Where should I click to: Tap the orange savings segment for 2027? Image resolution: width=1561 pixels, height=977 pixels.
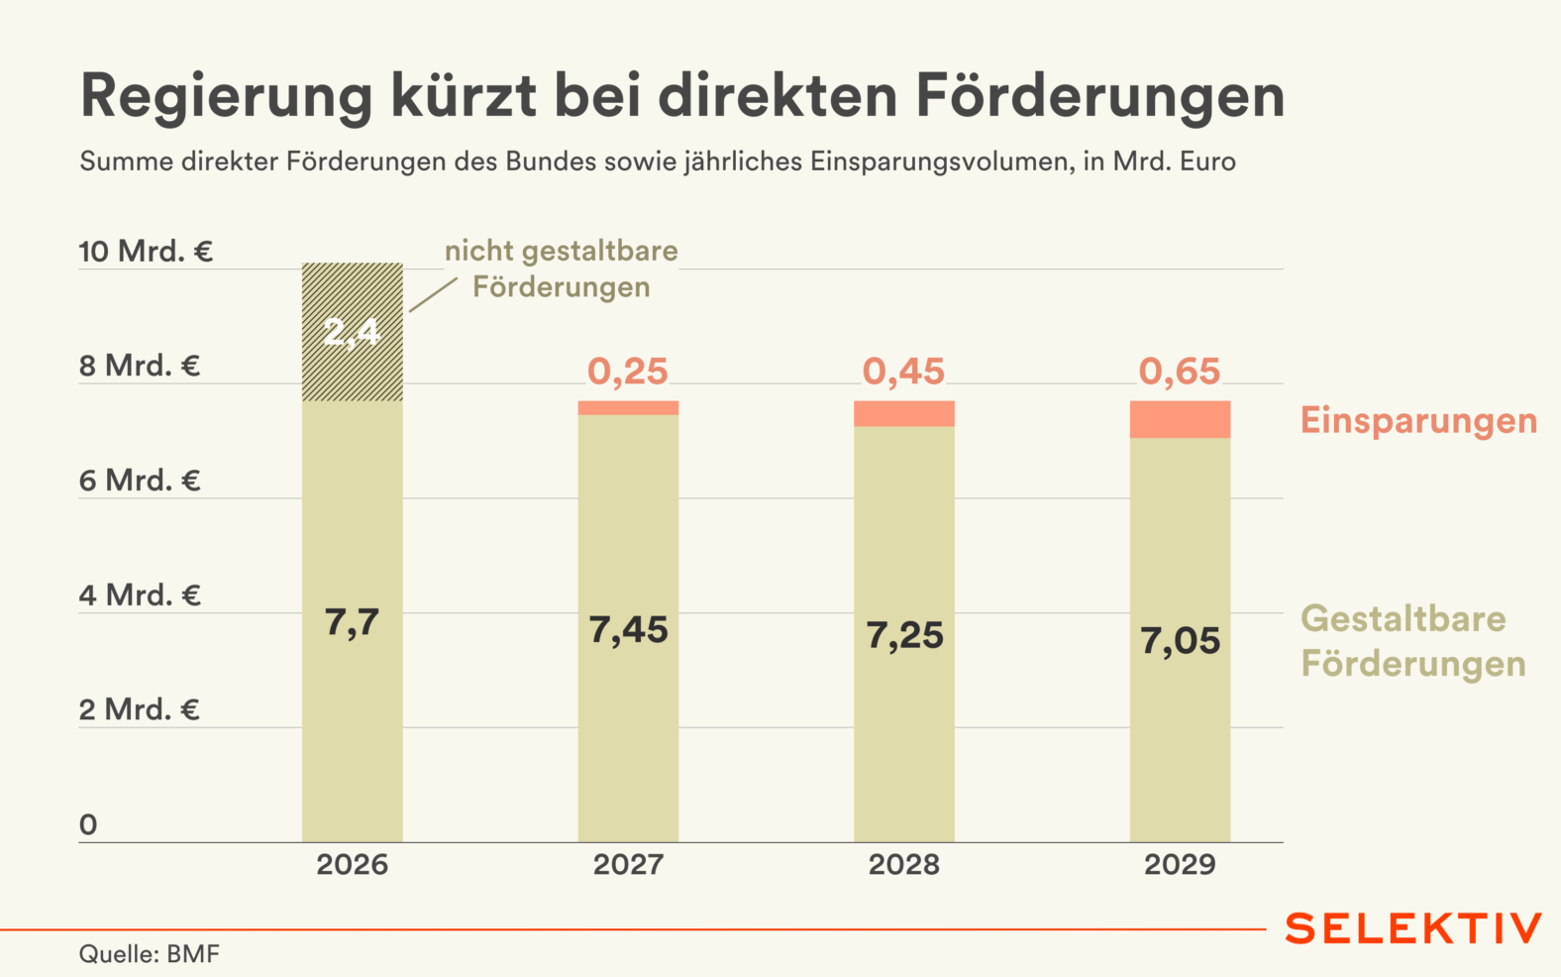[628, 408]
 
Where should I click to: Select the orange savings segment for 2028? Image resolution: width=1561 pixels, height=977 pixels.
[903, 413]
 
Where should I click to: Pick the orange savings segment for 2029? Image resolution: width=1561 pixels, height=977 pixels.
[1180, 419]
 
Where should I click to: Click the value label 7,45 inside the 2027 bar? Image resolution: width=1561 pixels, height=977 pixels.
[628, 630]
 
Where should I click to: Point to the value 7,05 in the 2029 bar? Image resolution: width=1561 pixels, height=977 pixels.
[1180, 641]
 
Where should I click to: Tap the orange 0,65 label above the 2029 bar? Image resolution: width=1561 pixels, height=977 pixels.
[1180, 372]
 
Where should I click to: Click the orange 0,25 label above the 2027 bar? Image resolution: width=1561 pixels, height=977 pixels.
[628, 372]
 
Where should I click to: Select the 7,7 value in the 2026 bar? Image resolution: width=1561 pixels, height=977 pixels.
[352, 623]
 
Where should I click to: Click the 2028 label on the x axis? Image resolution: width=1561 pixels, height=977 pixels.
[903, 865]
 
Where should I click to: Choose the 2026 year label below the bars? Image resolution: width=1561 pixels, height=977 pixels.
[352, 865]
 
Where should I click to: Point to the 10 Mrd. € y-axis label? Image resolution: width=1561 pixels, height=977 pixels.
[146, 252]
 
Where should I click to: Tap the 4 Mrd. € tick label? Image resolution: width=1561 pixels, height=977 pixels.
[140, 596]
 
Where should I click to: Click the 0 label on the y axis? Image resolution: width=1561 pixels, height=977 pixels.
[88, 824]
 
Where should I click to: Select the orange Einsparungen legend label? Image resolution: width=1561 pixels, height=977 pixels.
[1418, 421]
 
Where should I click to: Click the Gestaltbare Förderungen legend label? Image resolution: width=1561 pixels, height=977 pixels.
[1412, 641]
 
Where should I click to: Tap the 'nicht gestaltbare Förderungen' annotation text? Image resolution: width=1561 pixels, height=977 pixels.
[562, 270]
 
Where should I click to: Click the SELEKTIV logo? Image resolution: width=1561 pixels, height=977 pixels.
[1413, 929]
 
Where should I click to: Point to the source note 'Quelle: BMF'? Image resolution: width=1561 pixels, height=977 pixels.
[150, 954]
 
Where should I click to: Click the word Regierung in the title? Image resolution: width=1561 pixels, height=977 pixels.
[226, 97]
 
